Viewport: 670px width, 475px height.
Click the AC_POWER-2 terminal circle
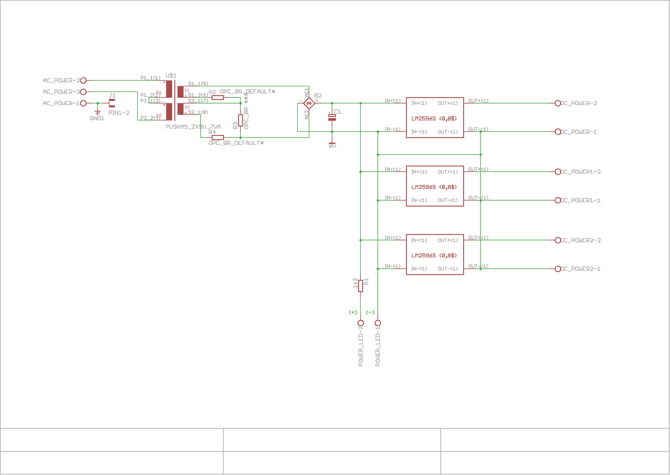83,81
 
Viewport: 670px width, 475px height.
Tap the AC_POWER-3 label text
61,92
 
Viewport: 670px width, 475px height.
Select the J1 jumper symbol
112,103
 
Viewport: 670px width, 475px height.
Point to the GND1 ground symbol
97,112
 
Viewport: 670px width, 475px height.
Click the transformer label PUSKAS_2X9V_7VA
193,127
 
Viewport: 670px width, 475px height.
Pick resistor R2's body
218,98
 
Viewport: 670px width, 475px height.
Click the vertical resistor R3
240,120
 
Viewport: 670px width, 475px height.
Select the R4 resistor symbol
218,137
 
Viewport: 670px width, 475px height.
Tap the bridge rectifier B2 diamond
309,103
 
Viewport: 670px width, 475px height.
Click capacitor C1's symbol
332,117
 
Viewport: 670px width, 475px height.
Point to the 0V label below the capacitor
332,146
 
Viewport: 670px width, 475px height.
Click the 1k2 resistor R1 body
360,285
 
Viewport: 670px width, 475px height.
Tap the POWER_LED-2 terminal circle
360,323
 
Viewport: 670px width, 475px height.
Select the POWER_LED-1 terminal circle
378,323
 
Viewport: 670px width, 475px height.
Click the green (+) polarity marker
353,312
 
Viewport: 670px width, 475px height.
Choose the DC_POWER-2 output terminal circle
558,103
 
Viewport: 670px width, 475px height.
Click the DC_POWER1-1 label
580,200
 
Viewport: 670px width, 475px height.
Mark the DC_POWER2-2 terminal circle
558,240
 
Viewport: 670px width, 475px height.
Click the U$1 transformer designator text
171,76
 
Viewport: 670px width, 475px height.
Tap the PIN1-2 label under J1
119,112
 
